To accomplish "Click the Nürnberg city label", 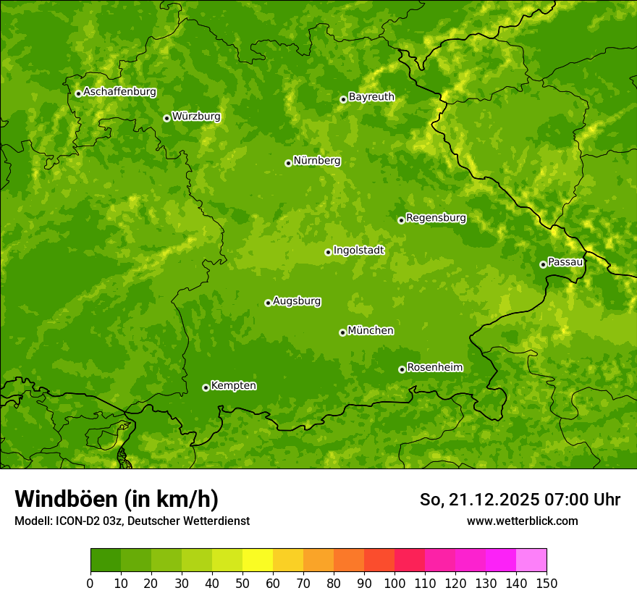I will [x=317, y=161].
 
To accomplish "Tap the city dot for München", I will [x=342, y=332].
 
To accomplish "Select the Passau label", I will [x=565, y=262].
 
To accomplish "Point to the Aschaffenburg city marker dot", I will [x=78, y=93].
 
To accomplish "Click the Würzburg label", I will [x=196, y=117].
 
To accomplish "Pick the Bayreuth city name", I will [x=371, y=97].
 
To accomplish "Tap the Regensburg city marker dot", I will [x=401, y=220].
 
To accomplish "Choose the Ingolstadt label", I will [x=358, y=251].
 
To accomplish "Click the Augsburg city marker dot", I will [x=268, y=303].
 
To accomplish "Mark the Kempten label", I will [x=233, y=386].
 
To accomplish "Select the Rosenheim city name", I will [x=434, y=368].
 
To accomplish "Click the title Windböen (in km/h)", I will [x=117, y=499].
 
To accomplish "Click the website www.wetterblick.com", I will [x=522, y=521].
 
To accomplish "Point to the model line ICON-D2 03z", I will [x=87, y=521].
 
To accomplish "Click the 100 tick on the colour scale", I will [x=395, y=583].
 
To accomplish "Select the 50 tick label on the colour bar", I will [x=242, y=583].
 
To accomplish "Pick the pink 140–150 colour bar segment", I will [x=531, y=560].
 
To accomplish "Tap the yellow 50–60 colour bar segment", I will [x=258, y=560].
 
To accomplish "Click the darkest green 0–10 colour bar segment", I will [x=106, y=560].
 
